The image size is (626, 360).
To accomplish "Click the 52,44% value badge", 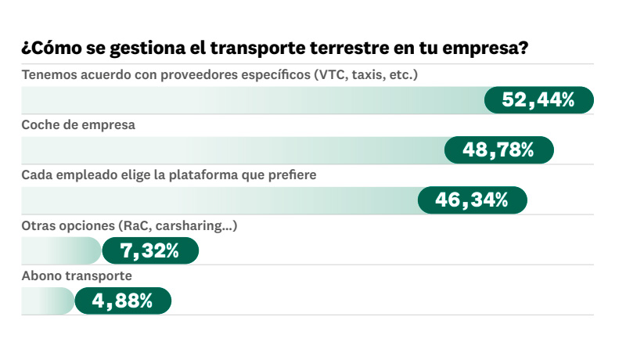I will tap(539, 99).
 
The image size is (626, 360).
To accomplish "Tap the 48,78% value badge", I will tap(498, 149).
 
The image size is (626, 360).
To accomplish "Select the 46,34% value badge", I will tap(472, 200).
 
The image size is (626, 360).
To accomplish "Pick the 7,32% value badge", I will tap(150, 250).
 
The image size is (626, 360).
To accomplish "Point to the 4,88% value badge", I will tap(122, 301).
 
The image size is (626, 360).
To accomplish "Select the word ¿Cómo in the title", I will tap(48, 49).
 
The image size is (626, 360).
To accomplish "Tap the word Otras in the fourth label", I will tap(38, 225).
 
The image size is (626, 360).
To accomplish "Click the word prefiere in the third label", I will tap(290, 175).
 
